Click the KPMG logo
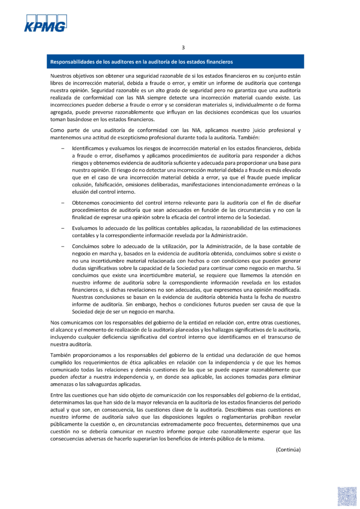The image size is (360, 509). click(45, 23)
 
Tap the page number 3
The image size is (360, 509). click(183, 48)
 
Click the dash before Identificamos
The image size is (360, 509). click(63, 149)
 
